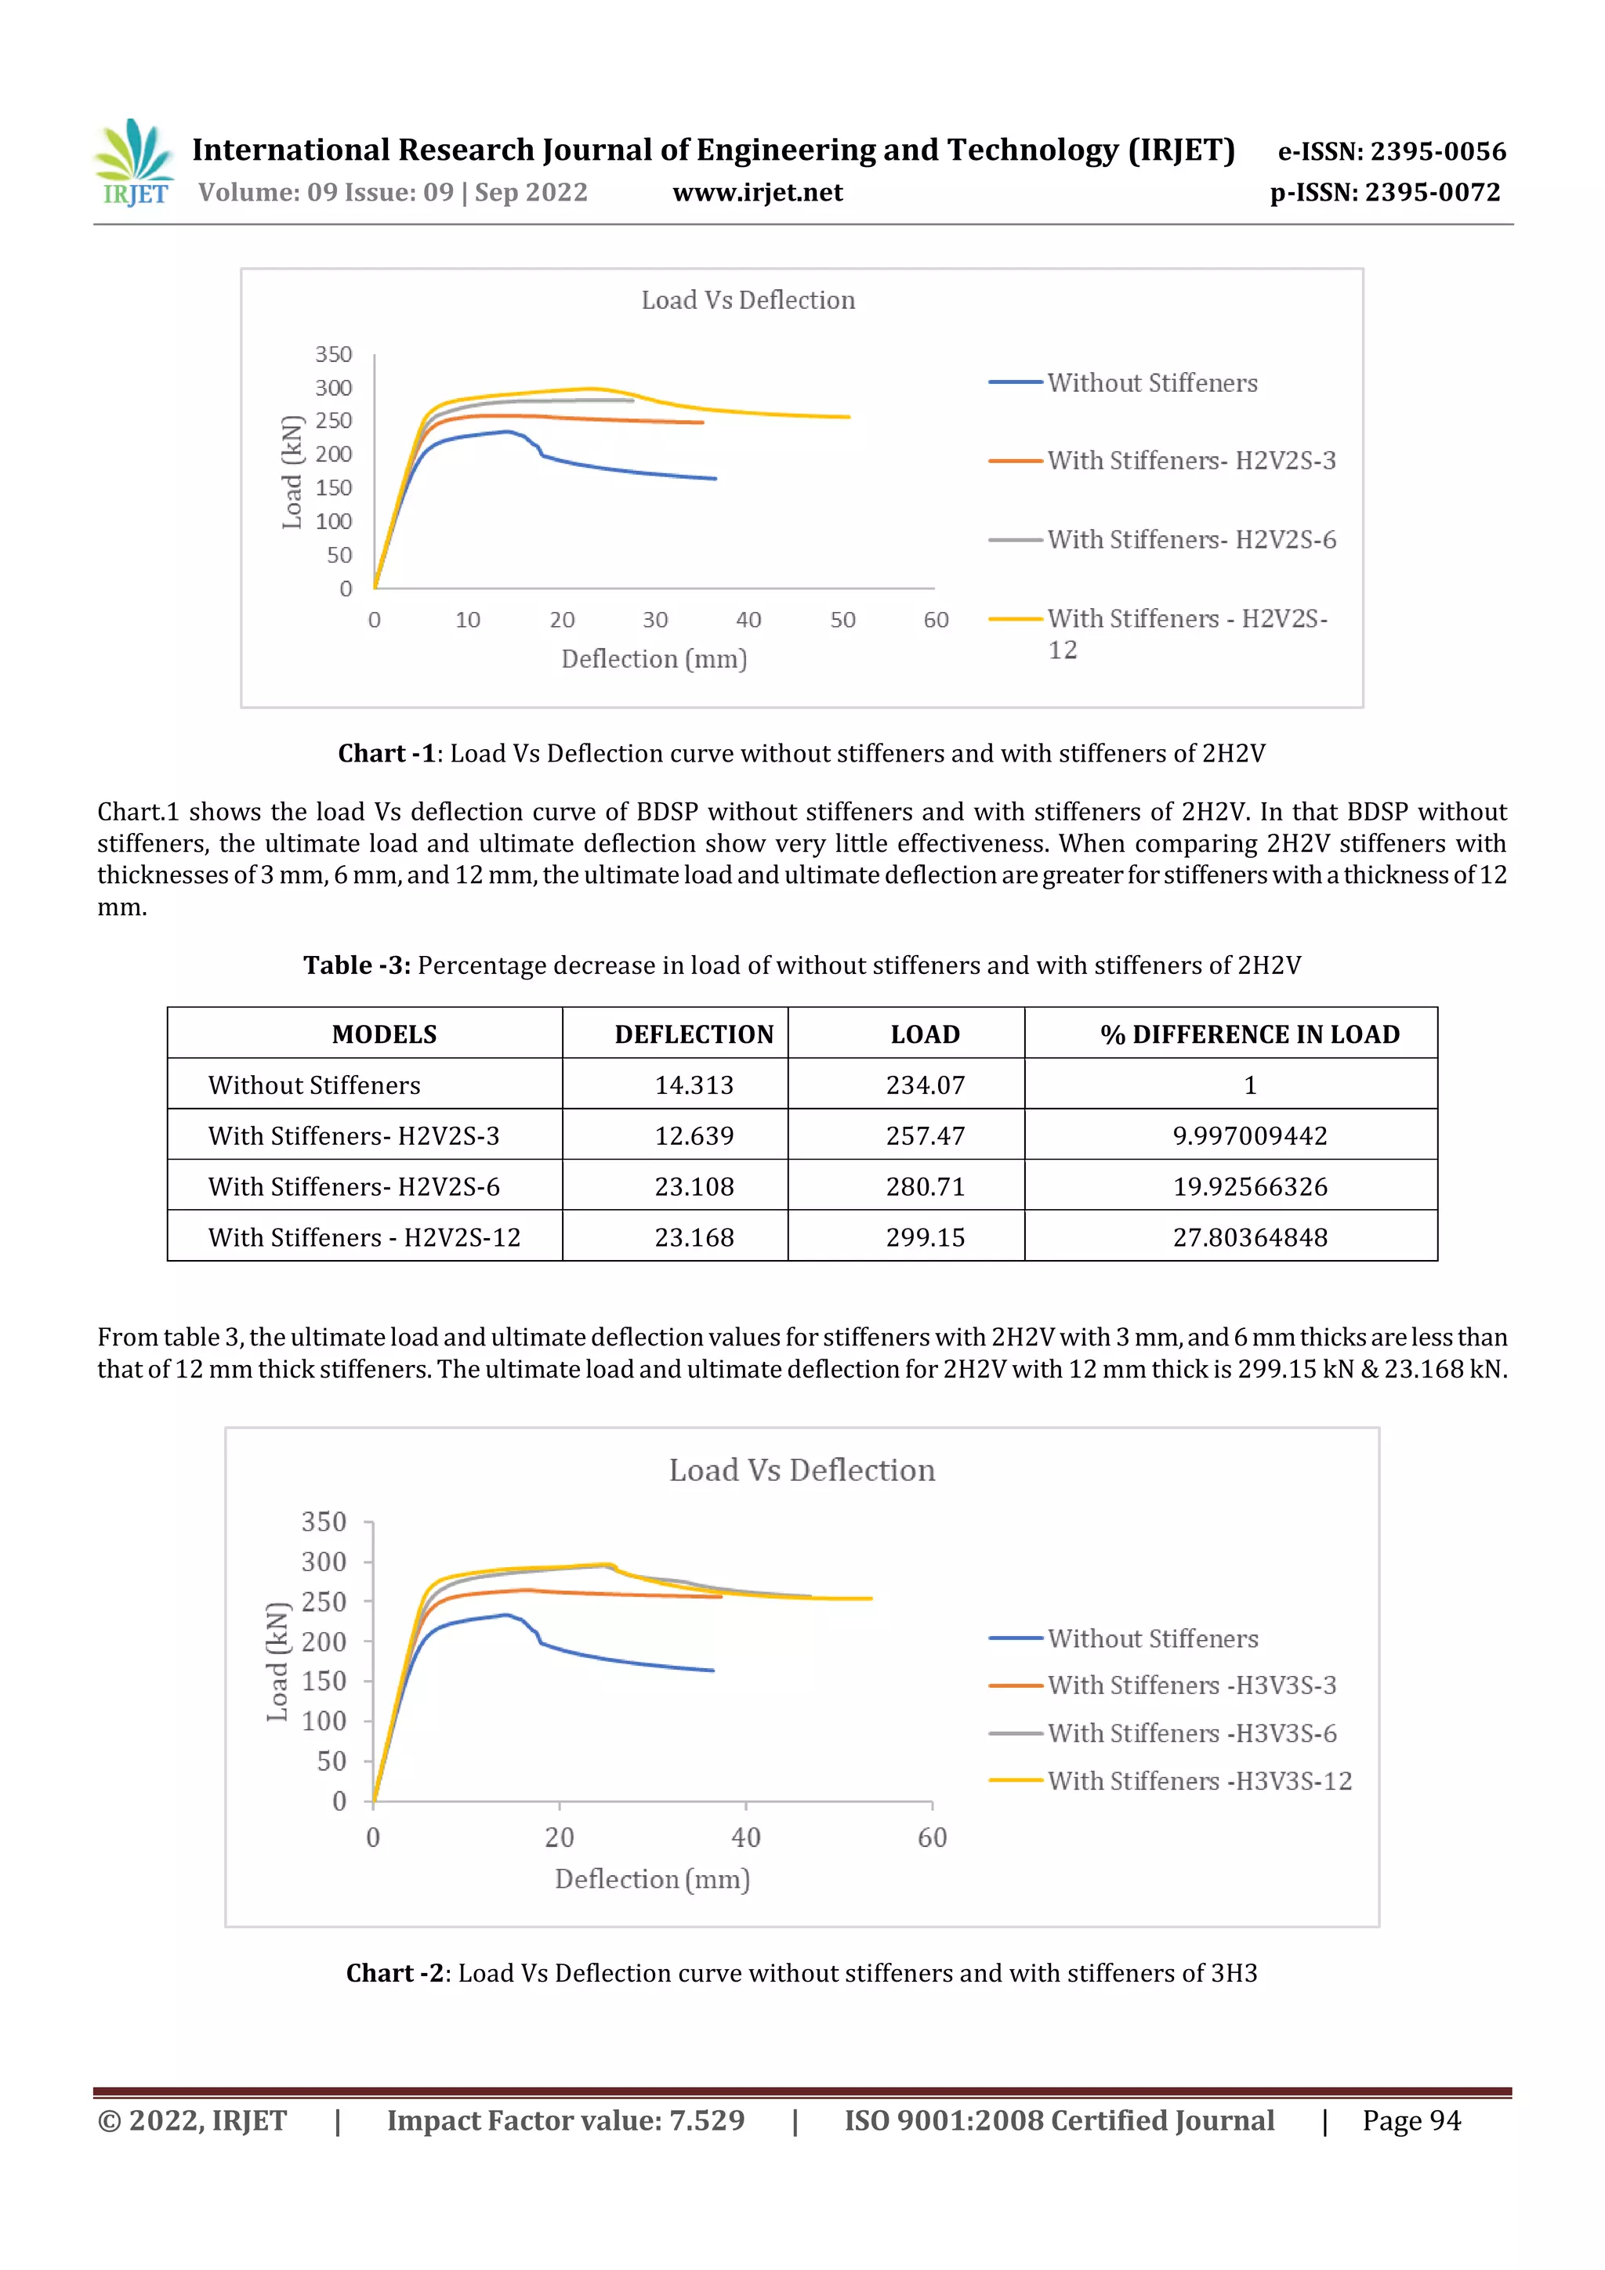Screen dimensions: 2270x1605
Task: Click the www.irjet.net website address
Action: (758, 193)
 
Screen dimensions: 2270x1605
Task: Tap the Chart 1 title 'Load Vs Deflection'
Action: (748, 301)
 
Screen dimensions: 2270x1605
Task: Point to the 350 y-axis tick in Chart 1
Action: (333, 355)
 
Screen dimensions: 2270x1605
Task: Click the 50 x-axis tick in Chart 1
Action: (842, 620)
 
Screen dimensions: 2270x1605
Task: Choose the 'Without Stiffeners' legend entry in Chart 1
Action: (1152, 384)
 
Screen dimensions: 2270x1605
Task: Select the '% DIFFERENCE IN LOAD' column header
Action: (1249, 1034)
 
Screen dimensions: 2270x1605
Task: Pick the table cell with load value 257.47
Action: (925, 1136)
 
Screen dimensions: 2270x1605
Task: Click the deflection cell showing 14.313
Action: (694, 1085)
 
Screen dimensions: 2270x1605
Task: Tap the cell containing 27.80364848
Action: (1249, 1238)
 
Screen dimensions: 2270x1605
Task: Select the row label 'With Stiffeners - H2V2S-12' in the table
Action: (364, 1238)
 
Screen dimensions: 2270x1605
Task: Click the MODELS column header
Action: (384, 1034)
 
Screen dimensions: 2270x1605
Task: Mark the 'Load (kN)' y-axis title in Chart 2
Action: (278, 1661)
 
